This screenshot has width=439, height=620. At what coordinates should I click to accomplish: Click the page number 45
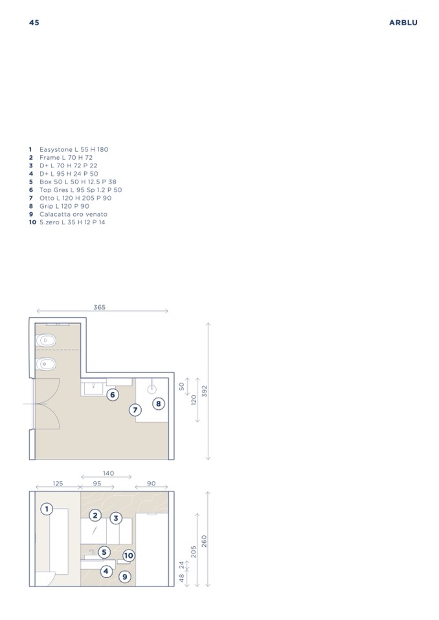click(x=34, y=23)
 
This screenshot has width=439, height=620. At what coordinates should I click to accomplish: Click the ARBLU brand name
click(x=403, y=23)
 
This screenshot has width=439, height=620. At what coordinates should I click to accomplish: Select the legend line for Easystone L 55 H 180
click(x=69, y=149)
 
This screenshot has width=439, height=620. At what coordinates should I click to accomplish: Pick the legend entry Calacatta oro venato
click(x=68, y=214)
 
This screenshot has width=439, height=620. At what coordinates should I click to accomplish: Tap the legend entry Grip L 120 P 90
click(x=59, y=206)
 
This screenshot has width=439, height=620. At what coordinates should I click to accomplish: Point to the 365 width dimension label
click(x=99, y=307)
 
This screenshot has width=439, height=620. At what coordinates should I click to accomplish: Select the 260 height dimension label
click(x=204, y=541)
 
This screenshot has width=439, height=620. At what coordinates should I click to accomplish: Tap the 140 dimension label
click(x=109, y=473)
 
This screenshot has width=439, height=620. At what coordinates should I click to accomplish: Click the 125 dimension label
click(x=58, y=483)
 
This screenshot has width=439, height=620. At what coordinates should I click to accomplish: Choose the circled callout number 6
click(x=113, y=394)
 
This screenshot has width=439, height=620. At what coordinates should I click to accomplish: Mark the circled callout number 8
click(x=159, y=403)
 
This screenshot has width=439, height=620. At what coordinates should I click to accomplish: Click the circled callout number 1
click(x=47, y=509)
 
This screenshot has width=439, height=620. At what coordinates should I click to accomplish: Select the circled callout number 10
click(x=128, y=555)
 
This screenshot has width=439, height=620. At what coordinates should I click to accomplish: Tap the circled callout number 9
click(x=125, y=577)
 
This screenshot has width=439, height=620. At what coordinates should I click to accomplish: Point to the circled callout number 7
click(x=135, y=410)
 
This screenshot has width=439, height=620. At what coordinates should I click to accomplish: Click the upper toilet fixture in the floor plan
click(x=45, y=340)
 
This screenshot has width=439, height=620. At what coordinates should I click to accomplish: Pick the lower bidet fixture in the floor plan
click(x=45, y=364)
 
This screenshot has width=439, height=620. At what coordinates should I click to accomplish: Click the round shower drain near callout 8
click(x=152, y=389)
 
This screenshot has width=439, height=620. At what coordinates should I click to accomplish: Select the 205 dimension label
click(x=194, y=552)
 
